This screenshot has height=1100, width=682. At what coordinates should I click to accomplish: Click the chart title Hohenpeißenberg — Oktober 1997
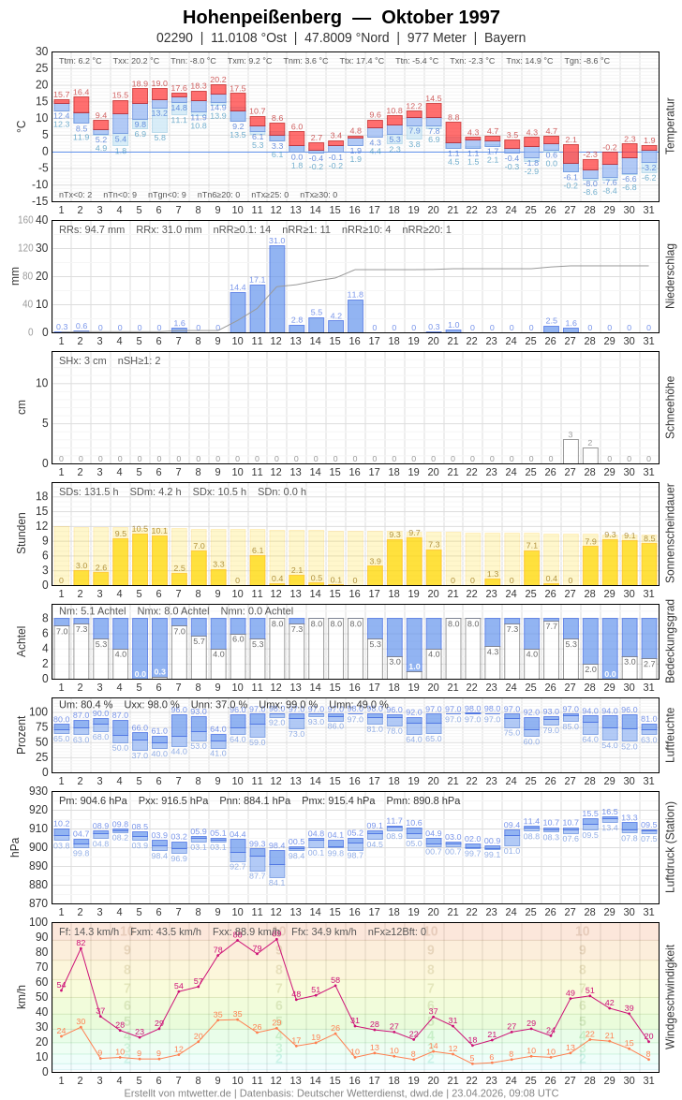pyautogui.click(x=341, y=17)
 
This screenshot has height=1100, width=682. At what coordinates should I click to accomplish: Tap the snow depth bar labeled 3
pyautogui.click(x=571, y=451)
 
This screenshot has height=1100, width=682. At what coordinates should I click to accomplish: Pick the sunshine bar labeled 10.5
pyautogui.click(x=140, y=559)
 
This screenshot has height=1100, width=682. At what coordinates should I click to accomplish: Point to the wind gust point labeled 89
pyautogui.click(x=276, y=938)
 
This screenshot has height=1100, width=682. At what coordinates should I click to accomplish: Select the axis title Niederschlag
pyautogui.click(x=670, y=276)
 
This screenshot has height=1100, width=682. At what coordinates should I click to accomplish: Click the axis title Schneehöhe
pyautogui.click(x=670, y=407)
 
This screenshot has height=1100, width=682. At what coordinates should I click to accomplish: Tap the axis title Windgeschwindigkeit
pyautogui.click(x=670, y=996)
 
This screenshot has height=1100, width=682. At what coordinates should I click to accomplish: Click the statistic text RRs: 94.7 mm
pyautogui.click(x=92, y=229)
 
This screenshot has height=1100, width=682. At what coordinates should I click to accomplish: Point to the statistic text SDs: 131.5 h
pyautogui.click(x=89, y=491)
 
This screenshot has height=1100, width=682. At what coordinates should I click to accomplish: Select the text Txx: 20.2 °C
pyautogui.click(x=136, y=61)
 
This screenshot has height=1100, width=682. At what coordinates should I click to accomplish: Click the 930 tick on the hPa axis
pyautogui.click(x=37, y=791)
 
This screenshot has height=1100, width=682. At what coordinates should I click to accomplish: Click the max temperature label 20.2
pyautogui.click(x=218, y=80)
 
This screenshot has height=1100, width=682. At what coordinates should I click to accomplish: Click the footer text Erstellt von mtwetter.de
pyautogui.click(x=178, y=1093)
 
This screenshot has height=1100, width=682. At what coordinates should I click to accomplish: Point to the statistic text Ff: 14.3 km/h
pyautogui.click(x=90, y=931)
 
